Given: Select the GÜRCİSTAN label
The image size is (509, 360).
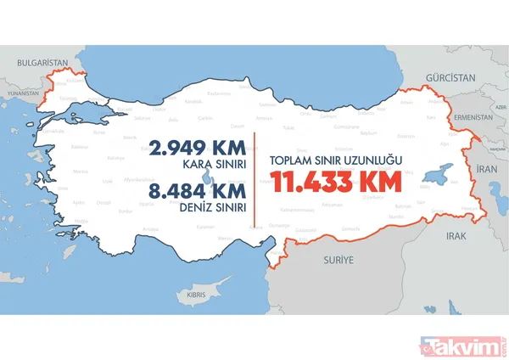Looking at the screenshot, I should [x=453, y=77].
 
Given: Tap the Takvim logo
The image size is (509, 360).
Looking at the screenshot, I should [x=466, y=344].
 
